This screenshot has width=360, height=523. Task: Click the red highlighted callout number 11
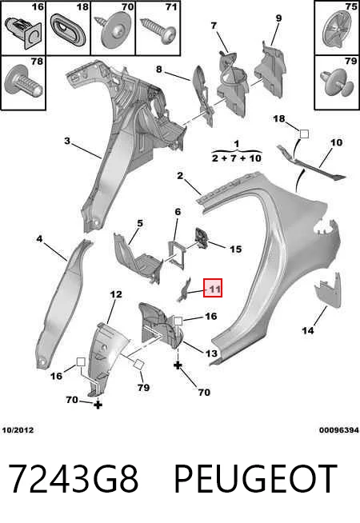(213, 288)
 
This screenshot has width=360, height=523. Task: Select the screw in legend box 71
(158, 30)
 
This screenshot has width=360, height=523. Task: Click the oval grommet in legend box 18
(68, 30)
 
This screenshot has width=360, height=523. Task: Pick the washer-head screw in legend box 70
(113, 30)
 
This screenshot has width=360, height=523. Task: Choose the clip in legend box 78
(22, 82)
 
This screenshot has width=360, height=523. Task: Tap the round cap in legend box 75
(337, 30)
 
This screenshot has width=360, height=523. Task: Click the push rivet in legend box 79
(336, 82)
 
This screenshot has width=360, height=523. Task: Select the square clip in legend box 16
(23, 32)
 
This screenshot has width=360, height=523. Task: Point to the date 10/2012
(18, 430)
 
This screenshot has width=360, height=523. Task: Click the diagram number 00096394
(339, 430)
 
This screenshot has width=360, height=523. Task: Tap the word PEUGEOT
(255, 478)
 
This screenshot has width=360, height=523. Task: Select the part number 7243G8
(73, 478)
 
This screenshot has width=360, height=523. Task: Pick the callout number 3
(67, 141)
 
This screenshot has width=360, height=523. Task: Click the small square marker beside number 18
(304, 134)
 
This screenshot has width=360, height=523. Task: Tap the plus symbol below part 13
(178, 365)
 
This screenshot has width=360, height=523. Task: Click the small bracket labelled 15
(201, 238)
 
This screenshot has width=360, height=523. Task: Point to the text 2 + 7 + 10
(237, 158)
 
